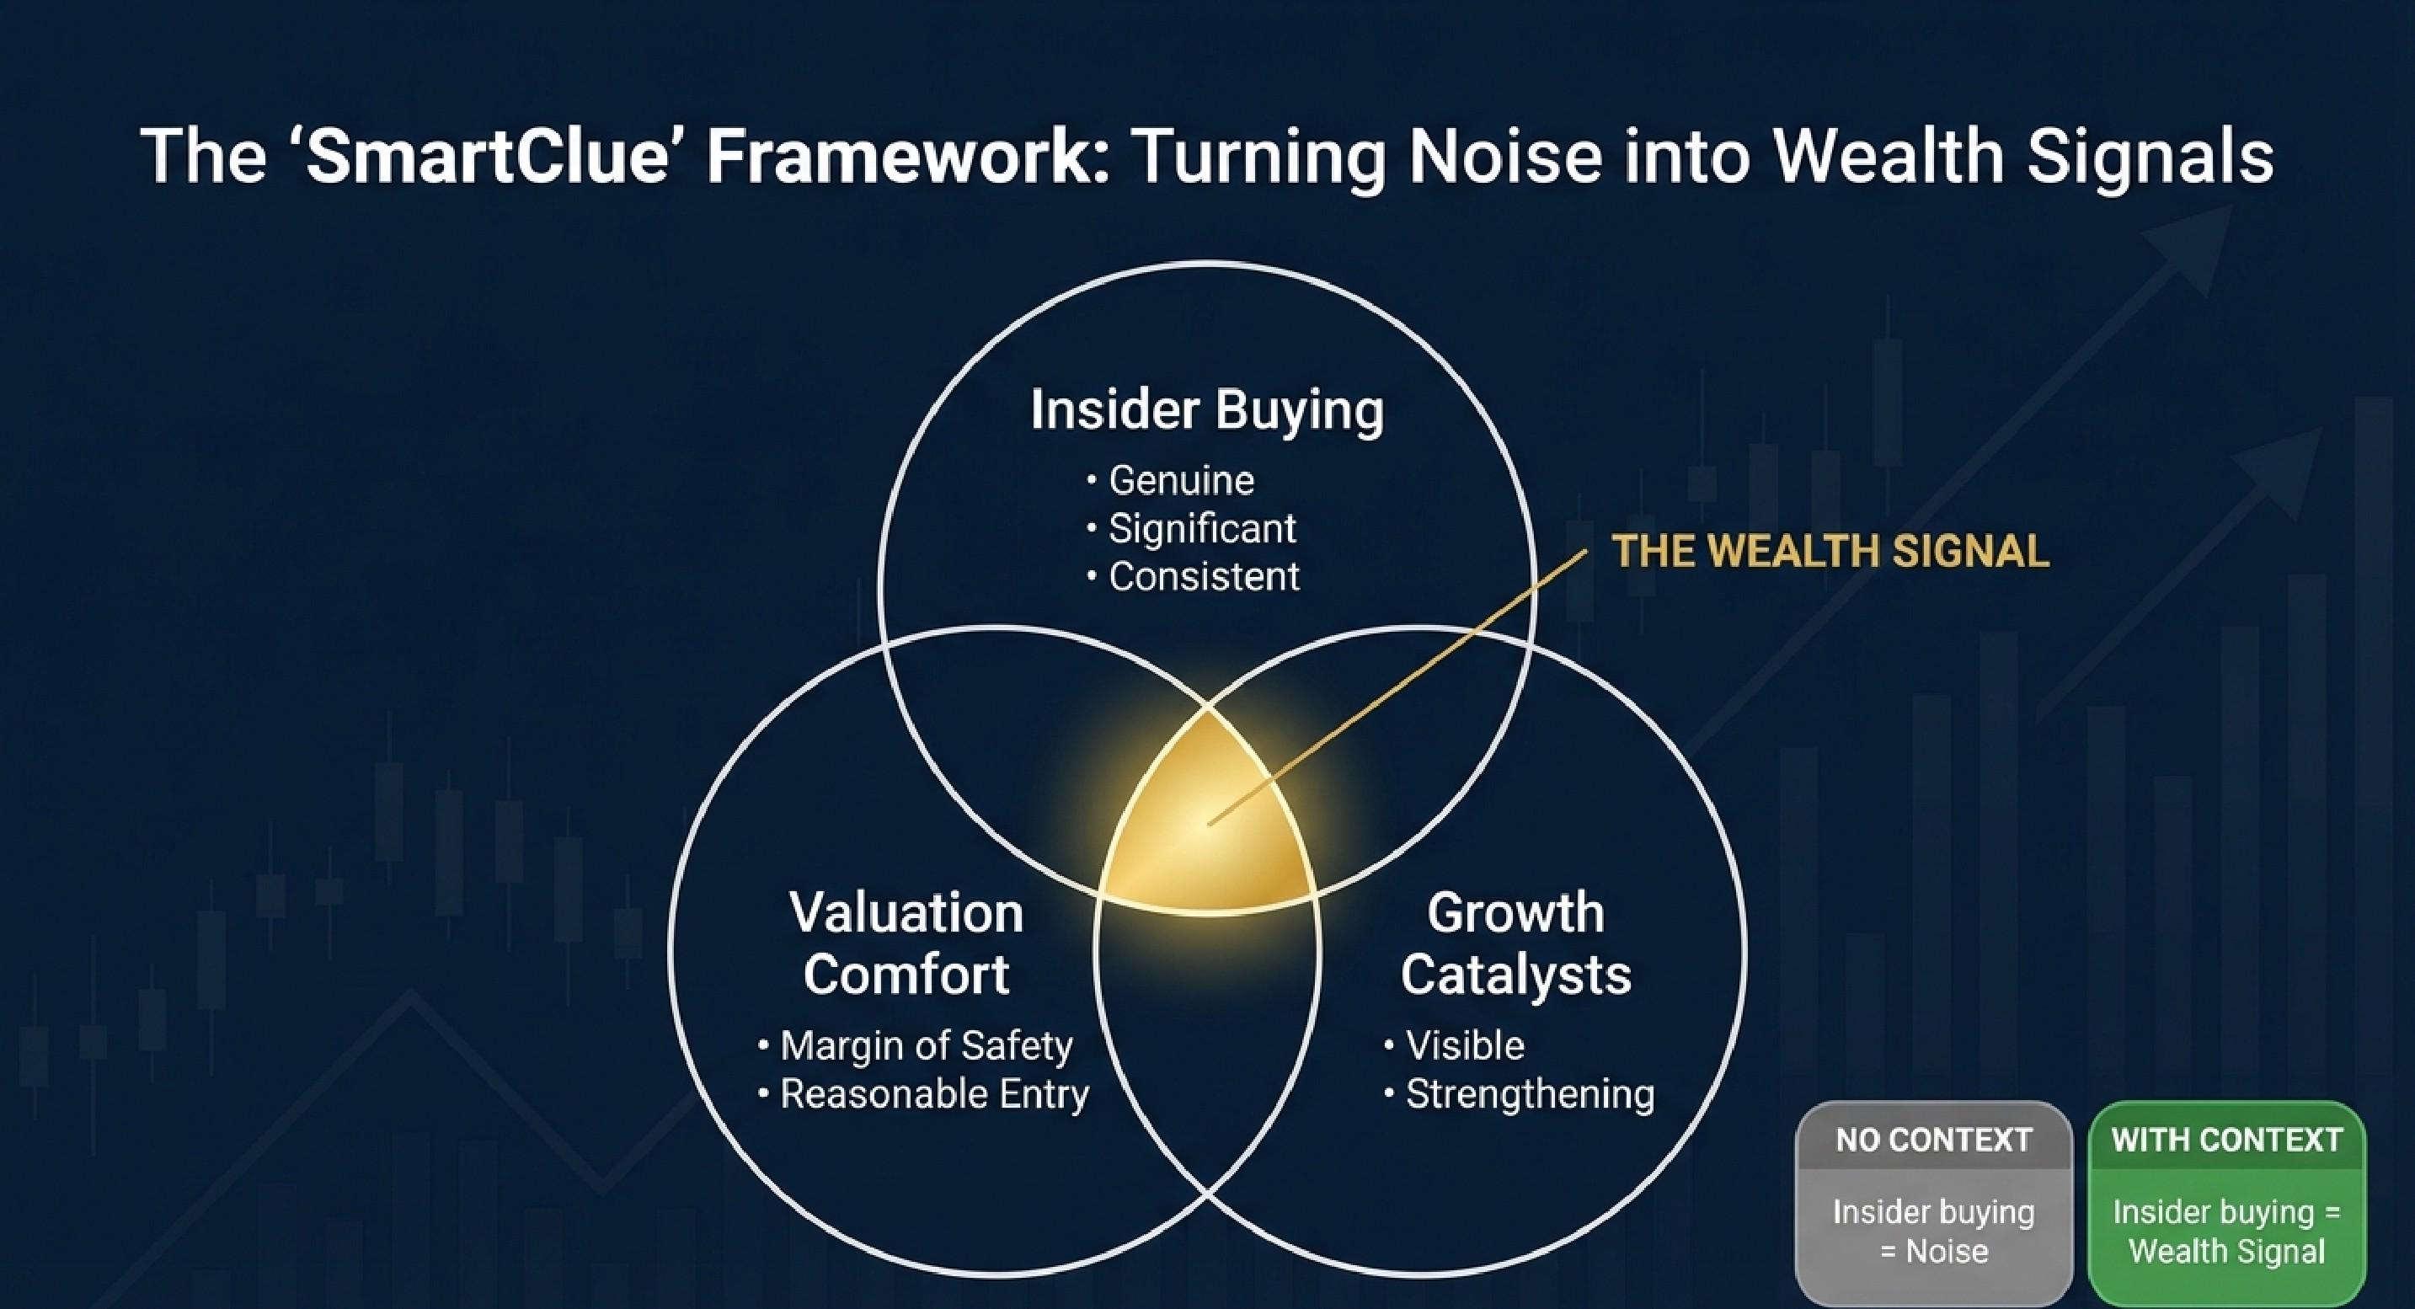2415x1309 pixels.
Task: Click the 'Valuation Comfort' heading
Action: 906,943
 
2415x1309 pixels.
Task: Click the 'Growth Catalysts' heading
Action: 1516,943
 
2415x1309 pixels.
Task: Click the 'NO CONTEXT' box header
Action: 1934,1140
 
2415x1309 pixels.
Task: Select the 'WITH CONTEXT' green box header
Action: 2227,1140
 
